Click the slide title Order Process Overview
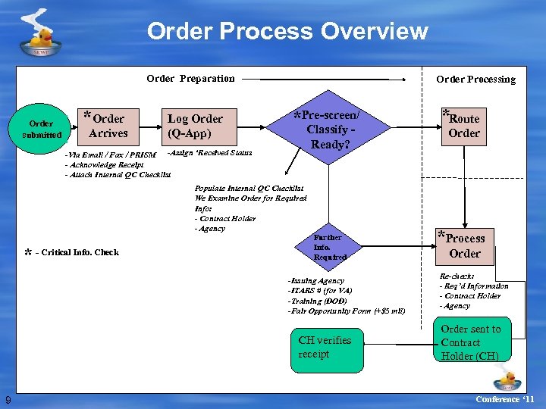pos(287,32)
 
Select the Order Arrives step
pos(108,126)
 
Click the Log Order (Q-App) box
pos(195,126)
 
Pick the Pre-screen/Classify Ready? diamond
pos(328,130)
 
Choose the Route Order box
pos(463,126)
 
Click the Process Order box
pos(464,245)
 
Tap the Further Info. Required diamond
pos(328,247)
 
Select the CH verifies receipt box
pos(325,347)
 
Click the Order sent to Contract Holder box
pos(470,342)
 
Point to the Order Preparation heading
pos(190,78)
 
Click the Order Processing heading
pos(475,79)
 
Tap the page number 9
pos(8,400)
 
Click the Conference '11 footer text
pos(504,399)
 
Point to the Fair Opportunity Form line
pos(347,311)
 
